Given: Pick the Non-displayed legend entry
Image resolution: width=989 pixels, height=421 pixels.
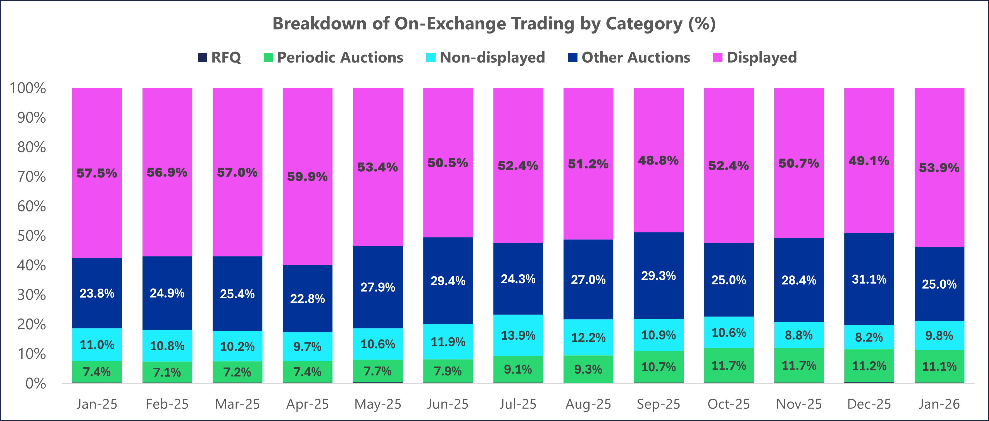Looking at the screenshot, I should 485,58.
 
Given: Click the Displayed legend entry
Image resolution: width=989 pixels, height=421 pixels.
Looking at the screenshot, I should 755,58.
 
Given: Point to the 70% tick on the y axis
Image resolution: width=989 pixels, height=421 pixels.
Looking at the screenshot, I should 32,177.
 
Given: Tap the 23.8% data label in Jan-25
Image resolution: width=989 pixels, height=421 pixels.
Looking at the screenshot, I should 97,294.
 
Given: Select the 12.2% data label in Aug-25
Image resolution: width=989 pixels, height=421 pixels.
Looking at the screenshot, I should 588,338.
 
